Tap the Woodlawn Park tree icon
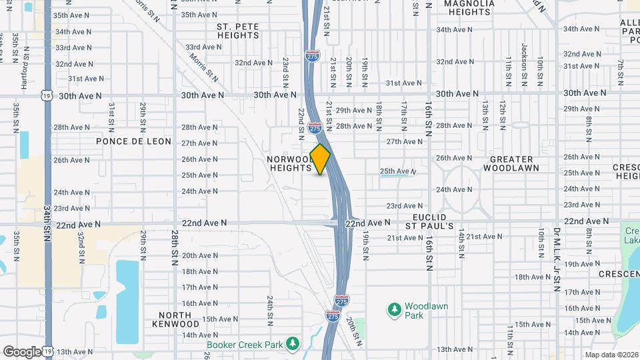(x=394, y=309)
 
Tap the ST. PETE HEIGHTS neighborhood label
(x=238, y=31)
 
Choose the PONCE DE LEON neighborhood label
(x=133, y=141)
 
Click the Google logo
(x=22, y=351)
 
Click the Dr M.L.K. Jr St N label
(x=556, y=259)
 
